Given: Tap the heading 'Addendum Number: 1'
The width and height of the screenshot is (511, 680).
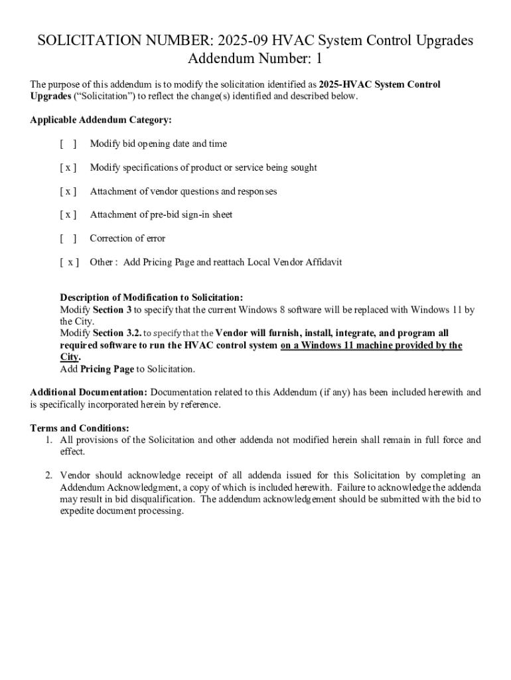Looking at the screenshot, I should point(255,59).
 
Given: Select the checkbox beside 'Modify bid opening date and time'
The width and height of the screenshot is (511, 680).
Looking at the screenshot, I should point(68,144).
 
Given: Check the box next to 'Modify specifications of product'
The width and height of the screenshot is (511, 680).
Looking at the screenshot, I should point(68,168).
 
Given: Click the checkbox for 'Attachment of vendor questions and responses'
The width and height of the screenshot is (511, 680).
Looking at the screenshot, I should point(68,192).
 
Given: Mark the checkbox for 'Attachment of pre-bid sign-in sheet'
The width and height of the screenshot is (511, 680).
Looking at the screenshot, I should point(68,215).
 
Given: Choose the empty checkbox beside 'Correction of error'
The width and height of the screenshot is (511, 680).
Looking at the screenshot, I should point(68,238).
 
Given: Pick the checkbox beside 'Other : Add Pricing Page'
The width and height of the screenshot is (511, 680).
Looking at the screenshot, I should point(69,262).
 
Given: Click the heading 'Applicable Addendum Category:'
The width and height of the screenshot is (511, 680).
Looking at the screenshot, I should point(101,120).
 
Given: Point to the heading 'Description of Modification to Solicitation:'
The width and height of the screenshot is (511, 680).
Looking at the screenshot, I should point(151,297).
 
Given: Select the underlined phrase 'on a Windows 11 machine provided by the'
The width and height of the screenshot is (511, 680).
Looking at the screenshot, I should point(371,345).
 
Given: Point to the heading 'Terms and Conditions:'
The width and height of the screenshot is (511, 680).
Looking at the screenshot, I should point(80,428).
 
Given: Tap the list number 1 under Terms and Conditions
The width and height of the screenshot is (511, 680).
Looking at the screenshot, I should point(49,440).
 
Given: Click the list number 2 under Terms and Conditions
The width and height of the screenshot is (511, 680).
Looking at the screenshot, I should point(49,475).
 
